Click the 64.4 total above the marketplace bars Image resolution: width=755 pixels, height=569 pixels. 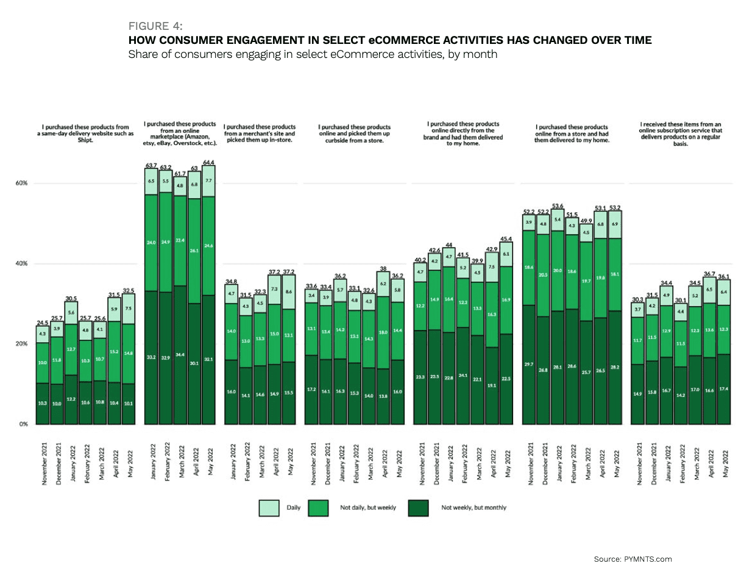click(208, 162)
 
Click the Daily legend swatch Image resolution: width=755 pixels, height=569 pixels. click(269, 507)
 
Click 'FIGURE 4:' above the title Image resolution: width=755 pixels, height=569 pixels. click(155, 26)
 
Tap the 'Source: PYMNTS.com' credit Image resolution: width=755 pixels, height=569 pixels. click(633, 559)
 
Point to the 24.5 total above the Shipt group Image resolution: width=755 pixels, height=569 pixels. click(42, 322)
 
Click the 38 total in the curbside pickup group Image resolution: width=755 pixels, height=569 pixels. click(383, 269)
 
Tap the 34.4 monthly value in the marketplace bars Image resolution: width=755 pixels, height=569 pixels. click(180, 372)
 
